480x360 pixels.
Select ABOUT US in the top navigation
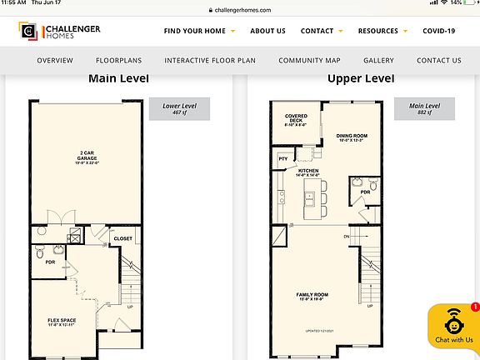click(267, 31)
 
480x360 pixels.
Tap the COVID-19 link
click(438, 31)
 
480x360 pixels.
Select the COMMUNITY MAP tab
click(310, 61)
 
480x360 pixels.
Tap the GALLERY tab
click(378, 61)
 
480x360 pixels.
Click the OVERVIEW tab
click(55, 61)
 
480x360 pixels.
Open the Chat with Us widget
click(453, 328)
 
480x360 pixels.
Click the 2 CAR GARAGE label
click(86, 155)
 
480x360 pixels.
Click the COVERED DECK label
click(296, 119)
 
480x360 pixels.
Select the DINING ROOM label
click(352, 137)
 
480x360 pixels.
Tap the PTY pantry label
click(283, 158)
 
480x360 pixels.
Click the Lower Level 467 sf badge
click(178, 109)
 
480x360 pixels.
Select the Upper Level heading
click(361, 79)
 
